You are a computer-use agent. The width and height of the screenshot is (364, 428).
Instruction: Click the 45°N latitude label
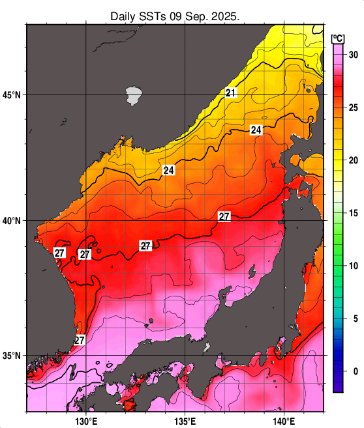[12, 95]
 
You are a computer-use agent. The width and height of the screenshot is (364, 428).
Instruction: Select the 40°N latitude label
[12, 221]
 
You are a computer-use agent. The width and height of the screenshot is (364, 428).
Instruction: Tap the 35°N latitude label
[12, 356]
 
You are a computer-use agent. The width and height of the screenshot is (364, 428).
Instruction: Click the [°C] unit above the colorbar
[337, 37]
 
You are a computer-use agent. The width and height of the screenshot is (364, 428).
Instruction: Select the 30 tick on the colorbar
[354, 55]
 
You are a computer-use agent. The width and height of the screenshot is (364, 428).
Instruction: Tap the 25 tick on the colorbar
[354, 107]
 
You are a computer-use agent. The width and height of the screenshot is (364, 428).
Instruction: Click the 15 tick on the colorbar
[354, 213]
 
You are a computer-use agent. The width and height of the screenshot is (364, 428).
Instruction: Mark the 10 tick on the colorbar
[354, 266]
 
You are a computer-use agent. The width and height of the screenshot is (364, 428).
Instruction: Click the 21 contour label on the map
[230, 93]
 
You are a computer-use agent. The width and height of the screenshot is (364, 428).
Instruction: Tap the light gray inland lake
[134, 95]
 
